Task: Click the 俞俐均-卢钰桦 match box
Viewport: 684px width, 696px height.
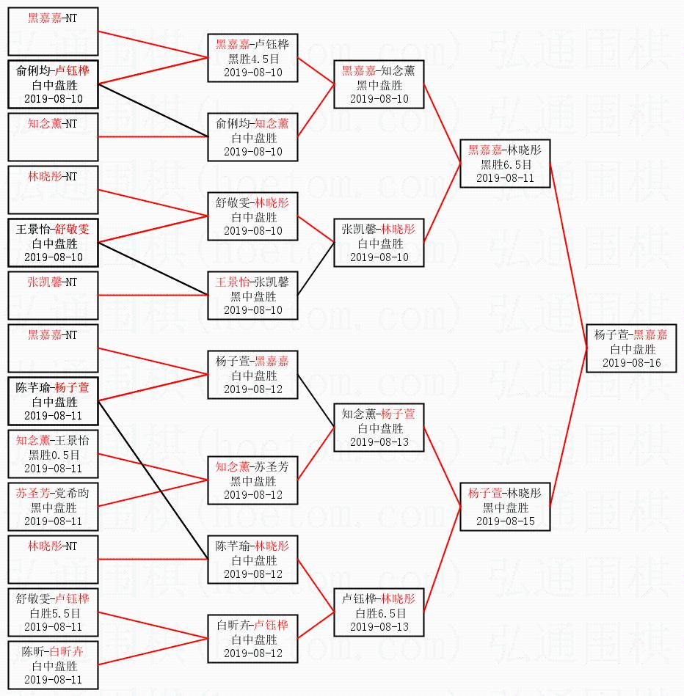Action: [53, 84]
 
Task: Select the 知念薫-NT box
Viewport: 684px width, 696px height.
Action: [53, 137]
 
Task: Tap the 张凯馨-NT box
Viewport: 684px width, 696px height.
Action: [53, 295]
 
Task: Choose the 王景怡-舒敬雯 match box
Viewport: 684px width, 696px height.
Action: [53, 243]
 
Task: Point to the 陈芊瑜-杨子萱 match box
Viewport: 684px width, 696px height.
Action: [53, 401]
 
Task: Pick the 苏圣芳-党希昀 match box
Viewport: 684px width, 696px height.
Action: [53, 507]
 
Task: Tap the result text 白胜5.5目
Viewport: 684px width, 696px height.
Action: [53, 612]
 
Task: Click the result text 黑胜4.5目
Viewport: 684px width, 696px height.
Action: [252, 59]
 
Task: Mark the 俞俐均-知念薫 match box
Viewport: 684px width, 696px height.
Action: [252, 137]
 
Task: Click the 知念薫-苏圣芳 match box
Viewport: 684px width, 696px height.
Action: [252, 480]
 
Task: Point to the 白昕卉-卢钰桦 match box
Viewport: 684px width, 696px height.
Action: [252, 639]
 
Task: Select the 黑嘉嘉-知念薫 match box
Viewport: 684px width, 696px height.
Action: [379, 84]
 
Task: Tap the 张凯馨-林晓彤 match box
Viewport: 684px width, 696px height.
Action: [379, 243]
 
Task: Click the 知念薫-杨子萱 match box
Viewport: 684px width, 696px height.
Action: [379, 428]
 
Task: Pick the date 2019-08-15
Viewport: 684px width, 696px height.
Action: [505, 521]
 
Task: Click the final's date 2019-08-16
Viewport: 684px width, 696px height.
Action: [631, 362]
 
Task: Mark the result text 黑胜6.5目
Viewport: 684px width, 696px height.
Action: [505, 164]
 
